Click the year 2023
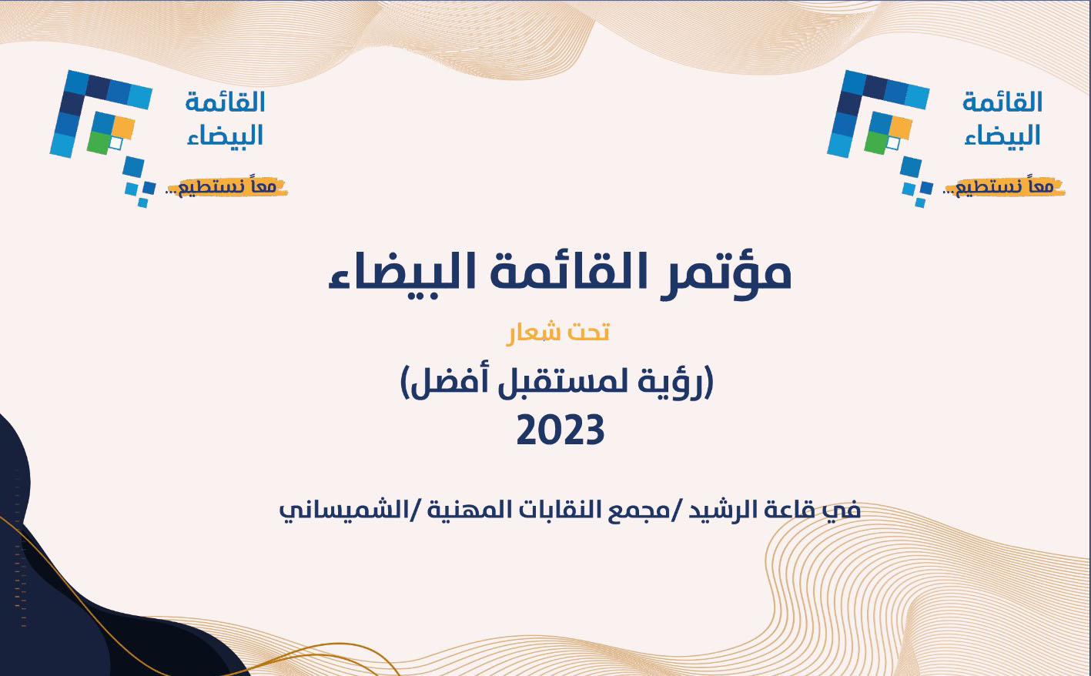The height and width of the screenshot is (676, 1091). pos(560,431)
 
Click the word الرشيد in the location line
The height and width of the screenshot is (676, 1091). pos(728,510)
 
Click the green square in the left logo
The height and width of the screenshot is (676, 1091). pos(98,142)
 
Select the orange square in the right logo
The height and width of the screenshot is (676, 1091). pos(901,126)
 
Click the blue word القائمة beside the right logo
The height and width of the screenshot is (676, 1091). pos(1002,102)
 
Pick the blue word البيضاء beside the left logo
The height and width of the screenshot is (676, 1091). pos(225,136)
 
